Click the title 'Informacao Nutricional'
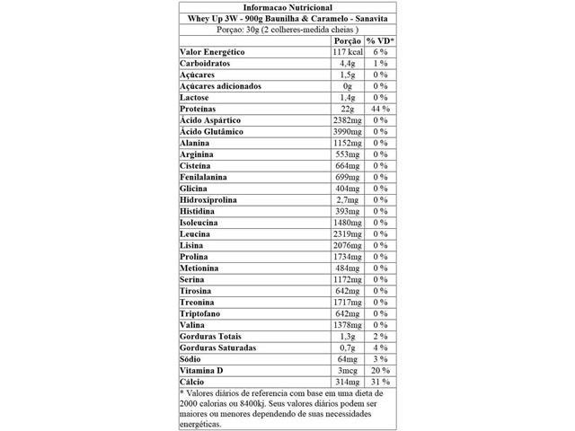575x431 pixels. (287, 6)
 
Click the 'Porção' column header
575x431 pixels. (347, 41)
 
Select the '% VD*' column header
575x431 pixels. (379, 41)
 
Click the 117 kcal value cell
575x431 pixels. (347, 53)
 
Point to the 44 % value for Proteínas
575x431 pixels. (379, 108)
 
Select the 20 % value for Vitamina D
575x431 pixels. (379, 371)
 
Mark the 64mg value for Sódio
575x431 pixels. (348, 359)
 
